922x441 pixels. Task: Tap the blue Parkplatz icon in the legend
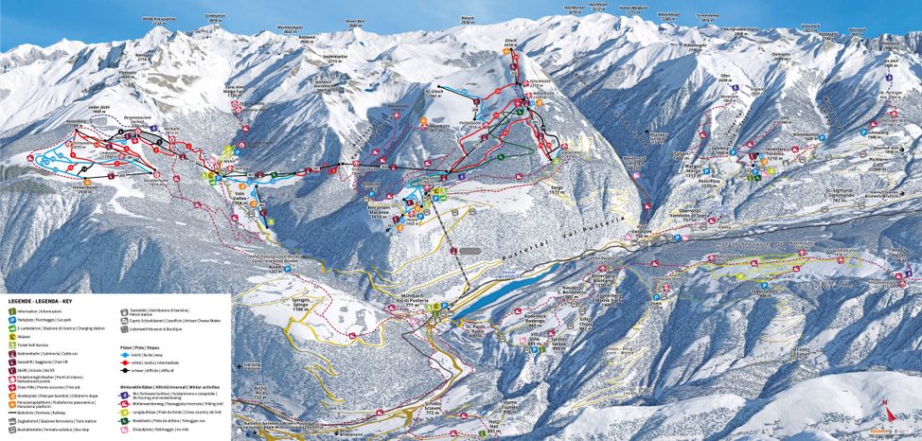(x=11, y=321)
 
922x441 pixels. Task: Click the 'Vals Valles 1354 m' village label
(x=239, y=199)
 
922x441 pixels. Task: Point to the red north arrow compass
(x=886, y=413)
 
